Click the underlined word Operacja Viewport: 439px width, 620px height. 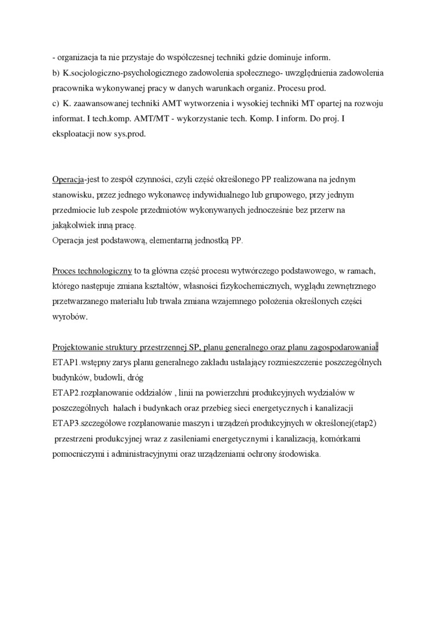[x=68, y=179]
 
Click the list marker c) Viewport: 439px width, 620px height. [x=55, y=103]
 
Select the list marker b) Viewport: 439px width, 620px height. [x=55, y=73]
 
